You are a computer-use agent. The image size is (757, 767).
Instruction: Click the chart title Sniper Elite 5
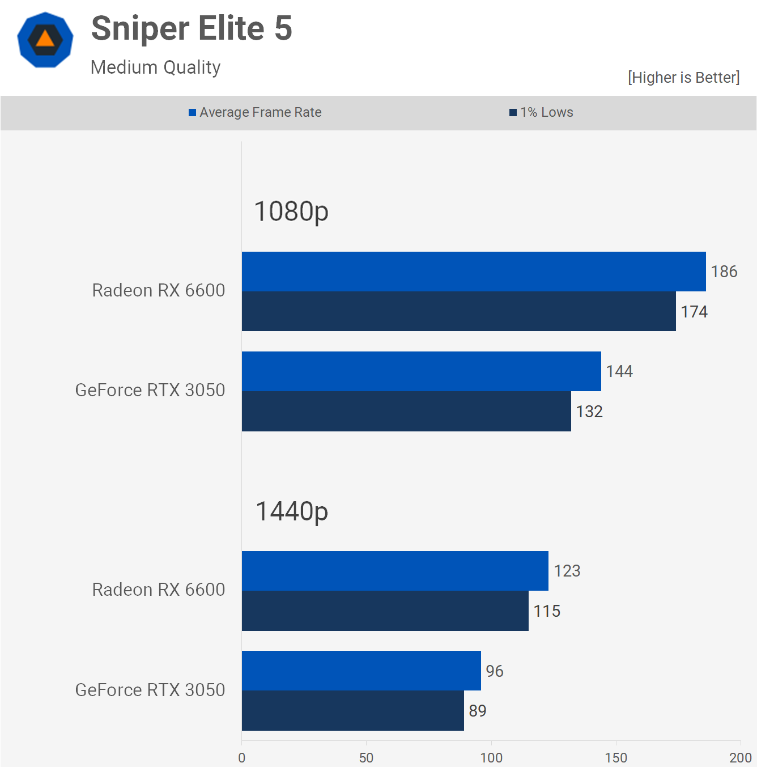(192, 28)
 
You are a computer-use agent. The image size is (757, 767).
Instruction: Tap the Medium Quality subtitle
(155, 67)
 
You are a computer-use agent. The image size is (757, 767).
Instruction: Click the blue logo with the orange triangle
(45, 40)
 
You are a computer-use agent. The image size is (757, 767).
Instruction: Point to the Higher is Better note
(683, 77)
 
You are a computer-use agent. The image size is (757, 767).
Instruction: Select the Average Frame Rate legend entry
(255, 112)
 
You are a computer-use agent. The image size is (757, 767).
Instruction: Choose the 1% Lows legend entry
(541, 112)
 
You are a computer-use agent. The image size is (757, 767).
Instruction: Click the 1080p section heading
(291, 211)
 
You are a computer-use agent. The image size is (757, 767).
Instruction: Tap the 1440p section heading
(292, 511)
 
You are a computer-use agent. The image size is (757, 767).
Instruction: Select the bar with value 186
(474, 272)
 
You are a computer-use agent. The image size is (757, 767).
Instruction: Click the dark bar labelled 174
(459, 311)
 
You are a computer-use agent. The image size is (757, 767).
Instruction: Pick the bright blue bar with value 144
(422, 371)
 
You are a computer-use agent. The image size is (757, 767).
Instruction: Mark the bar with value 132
(406, 411)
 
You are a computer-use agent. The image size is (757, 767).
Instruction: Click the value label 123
(567, 571)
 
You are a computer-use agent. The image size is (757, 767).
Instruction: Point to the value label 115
(547, 611)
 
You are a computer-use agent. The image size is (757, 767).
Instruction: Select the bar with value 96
(362, 671)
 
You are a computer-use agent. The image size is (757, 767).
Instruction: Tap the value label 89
(478, 711)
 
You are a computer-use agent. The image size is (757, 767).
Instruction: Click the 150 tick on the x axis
(616, 758)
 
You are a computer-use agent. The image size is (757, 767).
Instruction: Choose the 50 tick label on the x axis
(366, 758)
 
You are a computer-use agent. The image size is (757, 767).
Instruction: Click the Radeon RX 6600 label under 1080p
(159, 290)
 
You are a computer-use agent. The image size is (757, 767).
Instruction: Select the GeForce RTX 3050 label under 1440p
(150, 690)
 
